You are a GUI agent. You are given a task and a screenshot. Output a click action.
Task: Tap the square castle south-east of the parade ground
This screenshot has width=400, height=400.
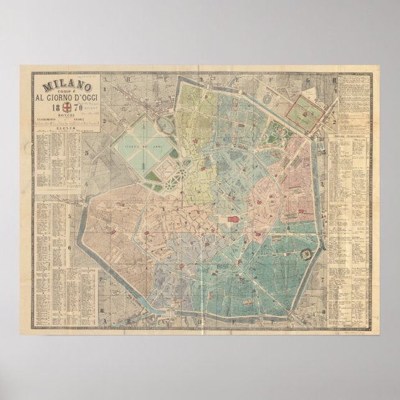163,168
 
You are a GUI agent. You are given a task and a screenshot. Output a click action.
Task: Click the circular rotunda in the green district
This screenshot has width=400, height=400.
306,253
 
